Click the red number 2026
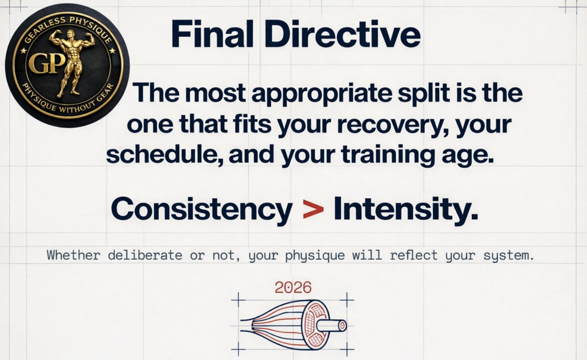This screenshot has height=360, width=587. point(293,287)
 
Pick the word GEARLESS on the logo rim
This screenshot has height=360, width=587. point(40,29)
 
